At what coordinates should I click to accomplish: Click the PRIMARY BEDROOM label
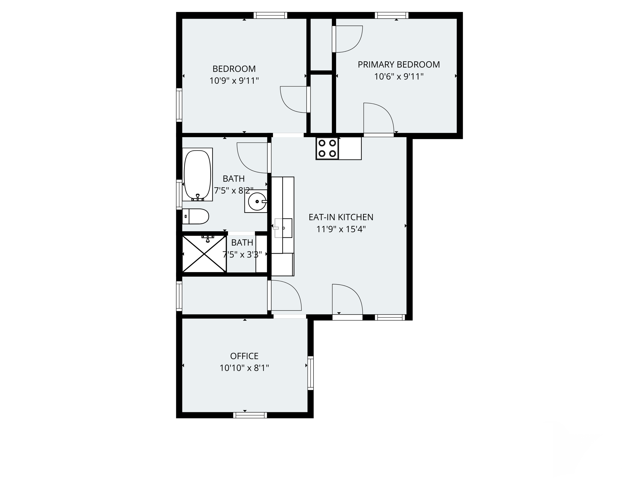tap(399, 64)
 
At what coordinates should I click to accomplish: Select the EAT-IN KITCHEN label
tap(341, 217)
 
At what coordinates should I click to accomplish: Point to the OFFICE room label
tap(244, 356)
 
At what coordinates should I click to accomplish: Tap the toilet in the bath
tap(196, 216)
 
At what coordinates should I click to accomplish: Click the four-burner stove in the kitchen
tap(327, 148)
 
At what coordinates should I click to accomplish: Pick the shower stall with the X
tap(204, 254)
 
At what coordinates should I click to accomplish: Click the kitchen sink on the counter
tap(283, 228)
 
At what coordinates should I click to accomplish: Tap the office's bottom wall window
tap(250, 415)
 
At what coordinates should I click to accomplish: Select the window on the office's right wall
tap(311, 373)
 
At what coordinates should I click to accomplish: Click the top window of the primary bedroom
tap(391, 15)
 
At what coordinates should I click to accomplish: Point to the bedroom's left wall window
tap(179, 105)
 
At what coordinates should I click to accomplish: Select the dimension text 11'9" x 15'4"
tap(341, 229)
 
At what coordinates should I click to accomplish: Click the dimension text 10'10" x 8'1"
tap(244, 368)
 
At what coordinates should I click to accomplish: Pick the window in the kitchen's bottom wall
tap(390, 318)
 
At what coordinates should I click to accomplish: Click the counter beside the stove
tap(350, 148)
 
